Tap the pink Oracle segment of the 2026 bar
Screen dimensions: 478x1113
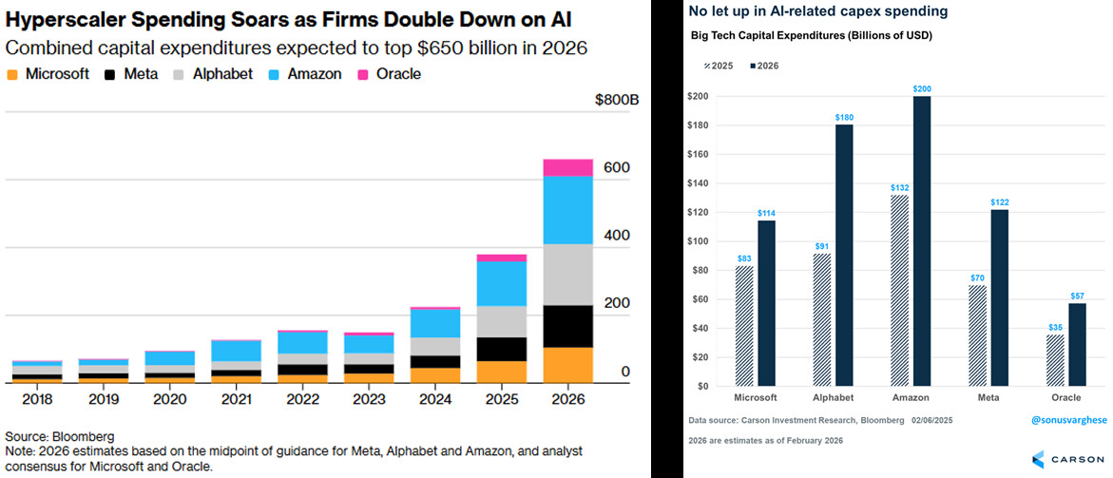[567, 167]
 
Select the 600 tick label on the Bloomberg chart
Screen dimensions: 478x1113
[616, 167]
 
